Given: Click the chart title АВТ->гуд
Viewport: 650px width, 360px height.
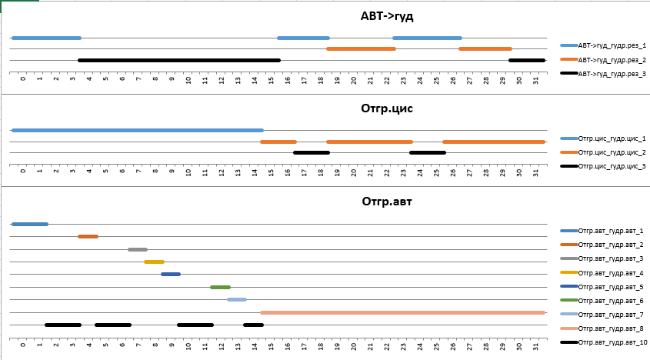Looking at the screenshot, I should [x=387, y=16].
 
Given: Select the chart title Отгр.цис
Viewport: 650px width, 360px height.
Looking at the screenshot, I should [x=387, y=108].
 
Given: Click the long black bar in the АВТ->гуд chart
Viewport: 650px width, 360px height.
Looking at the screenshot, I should [x=179, y=60].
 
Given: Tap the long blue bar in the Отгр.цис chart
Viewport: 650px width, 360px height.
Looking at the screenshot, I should [x=138, y=131].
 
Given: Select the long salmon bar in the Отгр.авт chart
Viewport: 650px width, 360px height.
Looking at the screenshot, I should [x=402, y=312].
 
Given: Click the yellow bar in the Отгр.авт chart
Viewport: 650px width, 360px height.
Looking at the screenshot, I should [x=154, y=262].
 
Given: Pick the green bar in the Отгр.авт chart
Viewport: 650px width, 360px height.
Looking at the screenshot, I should [x=220, y=287].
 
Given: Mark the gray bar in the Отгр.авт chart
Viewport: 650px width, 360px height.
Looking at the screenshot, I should [x=138, y=249].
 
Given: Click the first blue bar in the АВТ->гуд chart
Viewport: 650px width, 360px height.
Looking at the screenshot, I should [x=46, y=38].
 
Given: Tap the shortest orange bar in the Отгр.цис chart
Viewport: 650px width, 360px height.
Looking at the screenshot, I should [x=278, y=142].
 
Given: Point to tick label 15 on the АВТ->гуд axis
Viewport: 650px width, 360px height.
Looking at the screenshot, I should [x=271, y=79].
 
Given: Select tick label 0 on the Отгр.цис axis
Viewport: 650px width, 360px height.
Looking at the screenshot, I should [x=23, y=172].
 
